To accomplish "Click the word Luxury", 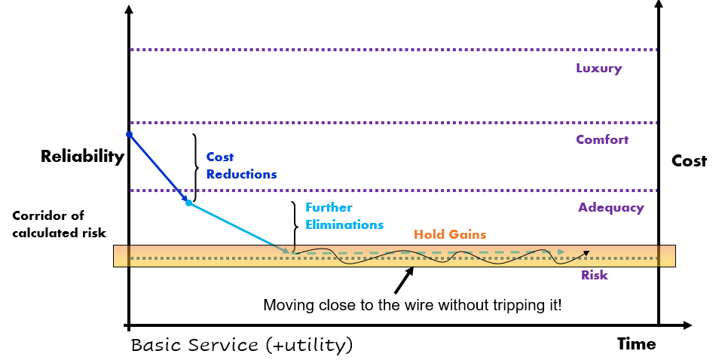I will pos(598,69).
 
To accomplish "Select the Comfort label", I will pos(602,140).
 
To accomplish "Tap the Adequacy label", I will pos(611,208).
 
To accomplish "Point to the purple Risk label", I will pos(594,276).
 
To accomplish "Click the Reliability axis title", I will pos(82,157).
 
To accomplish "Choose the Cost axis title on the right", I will pos(690,161).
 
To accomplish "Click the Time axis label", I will pos(636,344).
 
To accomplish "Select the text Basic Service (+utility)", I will pos(241,346).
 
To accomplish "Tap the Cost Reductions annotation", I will pos(241,166).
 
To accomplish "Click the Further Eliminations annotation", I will pos(344,216).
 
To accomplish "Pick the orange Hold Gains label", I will pos(450,235).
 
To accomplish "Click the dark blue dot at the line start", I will pos(129,135).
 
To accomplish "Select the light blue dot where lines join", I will pos(188,203).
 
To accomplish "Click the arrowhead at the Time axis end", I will pos(687,326).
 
